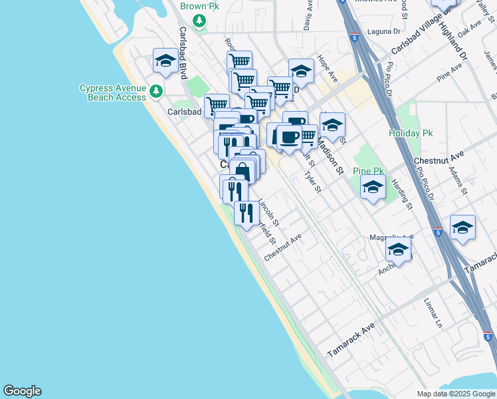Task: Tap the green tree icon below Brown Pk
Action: click(199, 21)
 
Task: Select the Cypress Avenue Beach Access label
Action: click(112, 92)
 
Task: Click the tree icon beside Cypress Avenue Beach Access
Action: click(156, 91)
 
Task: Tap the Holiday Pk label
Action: click(411, 133)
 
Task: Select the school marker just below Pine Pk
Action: click(373, 187)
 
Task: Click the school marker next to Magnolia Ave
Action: click(399, 249)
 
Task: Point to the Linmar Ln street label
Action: click(433, 314)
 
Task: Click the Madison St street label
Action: click(329, 156)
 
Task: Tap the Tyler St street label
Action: click(313, 182)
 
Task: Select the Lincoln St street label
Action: click(268, 211)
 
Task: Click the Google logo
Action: click(22, 391)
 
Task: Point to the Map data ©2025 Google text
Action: click(456, 394)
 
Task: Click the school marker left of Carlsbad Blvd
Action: click(165, 62)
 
